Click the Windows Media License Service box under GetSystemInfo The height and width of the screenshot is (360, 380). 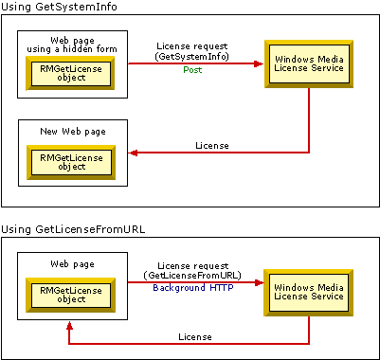309,64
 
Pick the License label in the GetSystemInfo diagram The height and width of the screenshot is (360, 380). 210,145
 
